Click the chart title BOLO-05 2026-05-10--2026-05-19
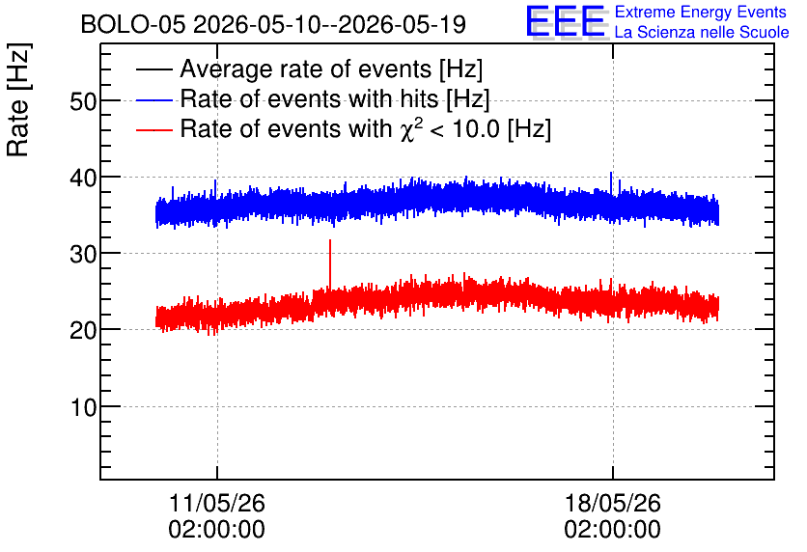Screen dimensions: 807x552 coord(273,24)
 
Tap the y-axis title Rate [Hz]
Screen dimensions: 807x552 coord(18,99)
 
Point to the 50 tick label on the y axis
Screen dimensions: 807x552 coord(83,102)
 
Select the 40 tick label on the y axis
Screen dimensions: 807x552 coord(83,178)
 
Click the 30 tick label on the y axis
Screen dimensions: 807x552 coord(83,254)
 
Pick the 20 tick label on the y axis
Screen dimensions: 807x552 coord(83,330)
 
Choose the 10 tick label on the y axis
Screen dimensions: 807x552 coord(83,407)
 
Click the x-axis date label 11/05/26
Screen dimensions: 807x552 coord(216,503)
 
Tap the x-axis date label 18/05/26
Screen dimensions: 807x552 coord(612,503)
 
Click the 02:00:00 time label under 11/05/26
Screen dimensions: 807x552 coord(216,530)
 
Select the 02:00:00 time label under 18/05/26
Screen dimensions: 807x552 coord(612,530)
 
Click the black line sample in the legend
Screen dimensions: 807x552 coord(153,69)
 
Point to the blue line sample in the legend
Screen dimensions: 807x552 coord(153,99)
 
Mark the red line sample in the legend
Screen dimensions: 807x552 coord(153,130)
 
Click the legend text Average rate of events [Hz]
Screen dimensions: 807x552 coord(331,69)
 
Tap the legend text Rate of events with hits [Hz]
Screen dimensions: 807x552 coord(335,99)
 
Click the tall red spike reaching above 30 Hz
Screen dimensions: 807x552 coord(330,265)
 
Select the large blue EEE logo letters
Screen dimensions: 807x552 coord(566,21)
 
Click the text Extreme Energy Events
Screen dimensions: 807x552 coord(701,12)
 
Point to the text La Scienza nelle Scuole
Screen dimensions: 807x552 coord(702,33)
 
